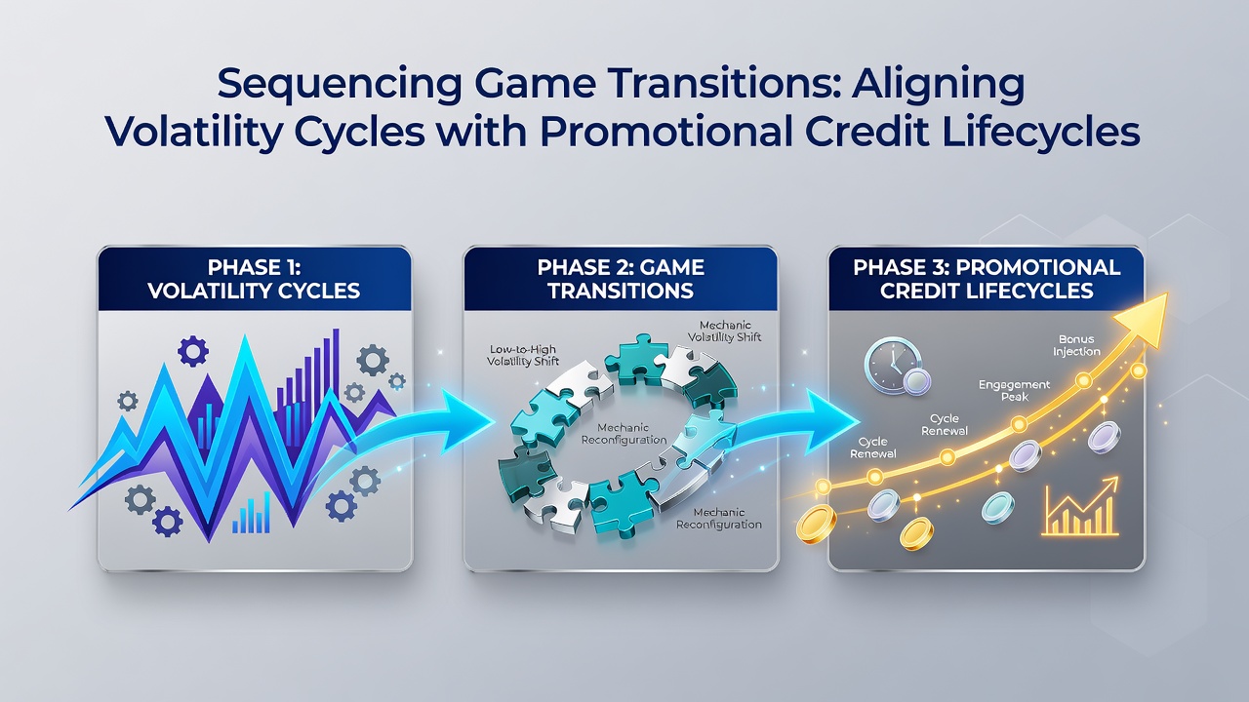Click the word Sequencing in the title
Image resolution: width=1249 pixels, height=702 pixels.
(340, 84)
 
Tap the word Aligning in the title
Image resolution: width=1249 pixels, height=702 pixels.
(938, 84)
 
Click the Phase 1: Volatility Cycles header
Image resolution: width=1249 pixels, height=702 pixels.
(255, 279)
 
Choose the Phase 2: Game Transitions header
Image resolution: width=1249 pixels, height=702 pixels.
(621, 279)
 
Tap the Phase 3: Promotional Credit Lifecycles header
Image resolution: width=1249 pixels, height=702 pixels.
(987, 279)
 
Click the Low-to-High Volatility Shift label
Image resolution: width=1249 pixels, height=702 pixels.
(523, 356)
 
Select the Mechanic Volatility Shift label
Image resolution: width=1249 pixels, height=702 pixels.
(724, 331)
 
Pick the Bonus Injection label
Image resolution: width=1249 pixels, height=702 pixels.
(1076, 345)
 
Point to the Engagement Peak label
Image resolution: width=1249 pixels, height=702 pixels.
(1014, 391)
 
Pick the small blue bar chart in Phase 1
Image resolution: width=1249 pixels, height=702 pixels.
(252, 513)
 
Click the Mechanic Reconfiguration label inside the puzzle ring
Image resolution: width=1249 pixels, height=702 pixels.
(624, 434)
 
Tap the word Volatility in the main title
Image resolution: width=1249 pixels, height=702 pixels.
(192, 133)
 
